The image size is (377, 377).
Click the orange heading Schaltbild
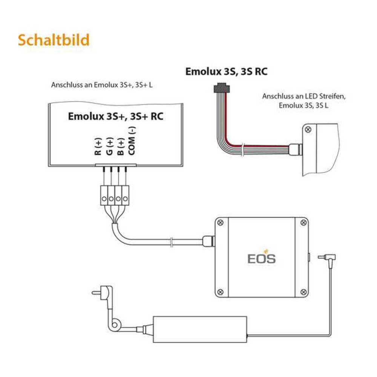[x=53, y=40]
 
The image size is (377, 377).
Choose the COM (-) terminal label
[x=132, y=142]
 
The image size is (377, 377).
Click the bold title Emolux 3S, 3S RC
[x=226, y=71]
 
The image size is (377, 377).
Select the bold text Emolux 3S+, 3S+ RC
[x=116, y=116]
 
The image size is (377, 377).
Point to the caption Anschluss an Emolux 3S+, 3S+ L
[x=102, y=85]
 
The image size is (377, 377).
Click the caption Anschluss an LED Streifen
[x=304, y=96]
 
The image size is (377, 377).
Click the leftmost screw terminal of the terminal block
[x=104, y=198]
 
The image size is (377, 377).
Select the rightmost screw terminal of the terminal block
[x=126, y=198]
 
